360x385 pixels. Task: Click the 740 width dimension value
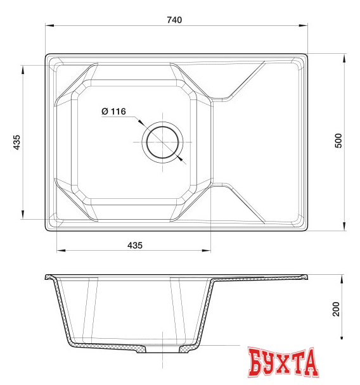pos(174,20)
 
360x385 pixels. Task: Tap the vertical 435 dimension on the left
pos(17,142)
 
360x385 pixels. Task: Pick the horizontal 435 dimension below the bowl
pos(134,244)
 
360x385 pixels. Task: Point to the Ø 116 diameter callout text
pos(113,112)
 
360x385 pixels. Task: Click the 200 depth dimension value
pos(337,308)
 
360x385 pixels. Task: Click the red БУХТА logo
pos(282,363)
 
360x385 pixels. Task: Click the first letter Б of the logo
pos(256,363)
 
